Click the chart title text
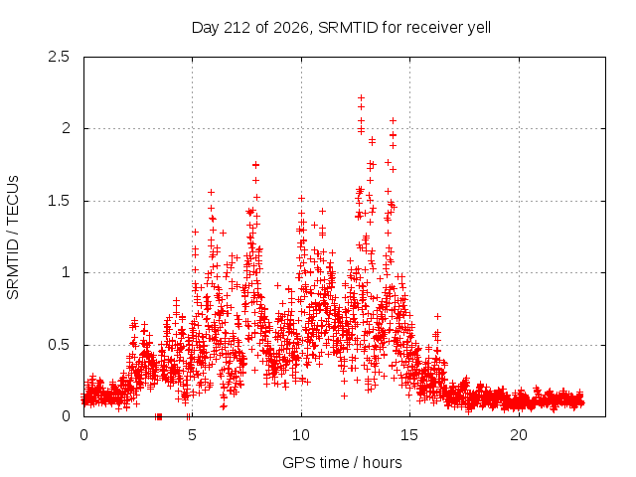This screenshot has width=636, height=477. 341,28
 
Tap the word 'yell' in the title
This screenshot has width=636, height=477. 479,28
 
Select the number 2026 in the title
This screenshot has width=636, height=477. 291,28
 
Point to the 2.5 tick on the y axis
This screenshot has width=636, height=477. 59,57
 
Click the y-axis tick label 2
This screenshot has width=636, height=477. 66,128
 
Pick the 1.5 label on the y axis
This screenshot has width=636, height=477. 59,201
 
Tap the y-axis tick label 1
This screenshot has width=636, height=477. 66,272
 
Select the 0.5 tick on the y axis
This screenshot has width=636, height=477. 59,345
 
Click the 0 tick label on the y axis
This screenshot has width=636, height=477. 66,416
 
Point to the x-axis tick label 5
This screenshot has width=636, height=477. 192,435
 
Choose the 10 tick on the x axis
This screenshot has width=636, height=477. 301,435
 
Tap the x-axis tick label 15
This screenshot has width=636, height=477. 409,435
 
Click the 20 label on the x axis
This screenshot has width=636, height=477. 519,435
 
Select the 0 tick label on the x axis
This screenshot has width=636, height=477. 83,435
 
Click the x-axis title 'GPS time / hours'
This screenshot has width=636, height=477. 342,462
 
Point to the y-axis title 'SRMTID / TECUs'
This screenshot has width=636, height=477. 13,238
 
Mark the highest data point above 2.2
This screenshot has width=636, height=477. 361,97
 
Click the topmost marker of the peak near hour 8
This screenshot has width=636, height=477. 255,165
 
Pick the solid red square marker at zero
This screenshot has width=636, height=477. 159,416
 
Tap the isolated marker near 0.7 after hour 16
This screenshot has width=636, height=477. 437,316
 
